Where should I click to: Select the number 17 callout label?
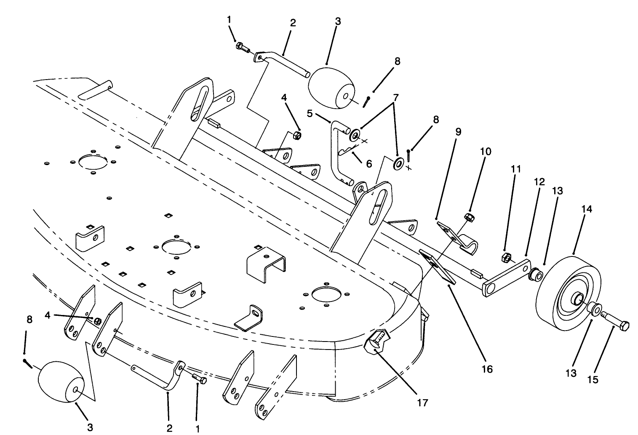(x=422, y=403)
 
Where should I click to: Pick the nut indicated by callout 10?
(x=467, y=217)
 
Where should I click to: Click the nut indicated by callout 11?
(x=507, y=257)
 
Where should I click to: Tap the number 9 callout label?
(x=458, y=132)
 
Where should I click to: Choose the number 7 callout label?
(x=395, y=97)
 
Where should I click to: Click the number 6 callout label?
(x=369, y=163)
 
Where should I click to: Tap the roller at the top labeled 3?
(x=331, y=88)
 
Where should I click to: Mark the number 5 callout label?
(x=310, y=113)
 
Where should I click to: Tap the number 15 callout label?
(x=593, y=379)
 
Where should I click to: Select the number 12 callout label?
(x=539, y=182)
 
